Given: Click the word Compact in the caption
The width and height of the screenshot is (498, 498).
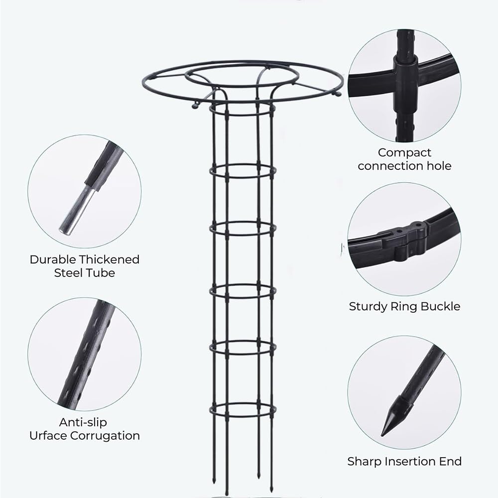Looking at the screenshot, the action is tap(404, 153).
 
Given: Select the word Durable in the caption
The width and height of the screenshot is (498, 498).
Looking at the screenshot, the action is tap(52, 259).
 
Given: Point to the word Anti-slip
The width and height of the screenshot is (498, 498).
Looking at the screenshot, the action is tap(83, 422).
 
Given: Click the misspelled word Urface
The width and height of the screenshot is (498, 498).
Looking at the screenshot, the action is tap(48, 435).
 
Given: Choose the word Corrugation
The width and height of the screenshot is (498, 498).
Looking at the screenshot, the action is tap(105, 436).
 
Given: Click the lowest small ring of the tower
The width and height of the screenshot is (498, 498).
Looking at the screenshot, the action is tap(243, 409).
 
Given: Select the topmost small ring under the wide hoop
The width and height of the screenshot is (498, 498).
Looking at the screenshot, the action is tap(243, 108).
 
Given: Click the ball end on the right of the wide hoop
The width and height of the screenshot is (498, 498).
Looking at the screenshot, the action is tap(338, 94).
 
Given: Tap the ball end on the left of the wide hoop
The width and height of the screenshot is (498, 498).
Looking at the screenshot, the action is tap(194, 105).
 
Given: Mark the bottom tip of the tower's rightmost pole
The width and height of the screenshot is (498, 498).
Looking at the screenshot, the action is tap(271, 491).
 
